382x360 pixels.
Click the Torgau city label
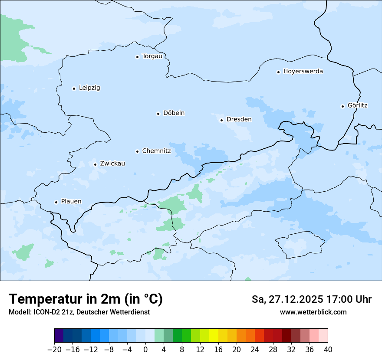coord(152,56)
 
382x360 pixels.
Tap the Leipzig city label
coord(89,88)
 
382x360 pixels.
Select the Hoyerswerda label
coord(303,72)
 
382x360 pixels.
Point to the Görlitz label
coord(358,105)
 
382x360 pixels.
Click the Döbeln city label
coord(174,113)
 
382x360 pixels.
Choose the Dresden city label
coord(239,119)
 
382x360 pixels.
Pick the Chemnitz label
coord(156,151)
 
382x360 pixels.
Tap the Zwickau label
coord(112,164)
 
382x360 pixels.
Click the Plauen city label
coord(71,202)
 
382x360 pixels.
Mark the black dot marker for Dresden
coord(221,120)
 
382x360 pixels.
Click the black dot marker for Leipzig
coord(74,88)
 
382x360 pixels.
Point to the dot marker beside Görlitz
coord(342,106)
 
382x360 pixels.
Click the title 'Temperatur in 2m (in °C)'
coord(86,299)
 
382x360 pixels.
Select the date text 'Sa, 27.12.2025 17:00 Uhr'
coord(311,300)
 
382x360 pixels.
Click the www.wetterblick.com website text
coord(313,312)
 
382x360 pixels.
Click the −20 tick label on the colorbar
coord(54,349)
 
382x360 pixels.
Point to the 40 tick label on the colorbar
coord(328,349)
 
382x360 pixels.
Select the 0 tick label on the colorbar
coord(145,349)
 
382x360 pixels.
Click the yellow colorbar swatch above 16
coord(214,336)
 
